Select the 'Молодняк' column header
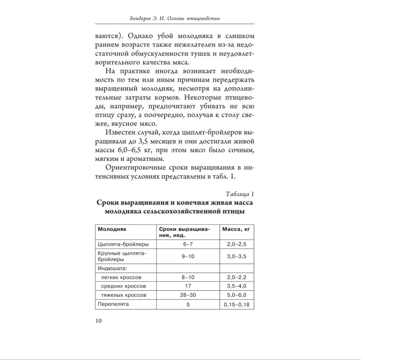coord(112,229)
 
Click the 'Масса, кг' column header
coord(236,229)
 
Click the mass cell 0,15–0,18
coord(236,304)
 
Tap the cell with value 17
coord(188,285)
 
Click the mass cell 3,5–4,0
coord(236,285)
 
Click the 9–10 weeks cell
coord(188,256)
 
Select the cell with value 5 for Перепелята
coord(188,304)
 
